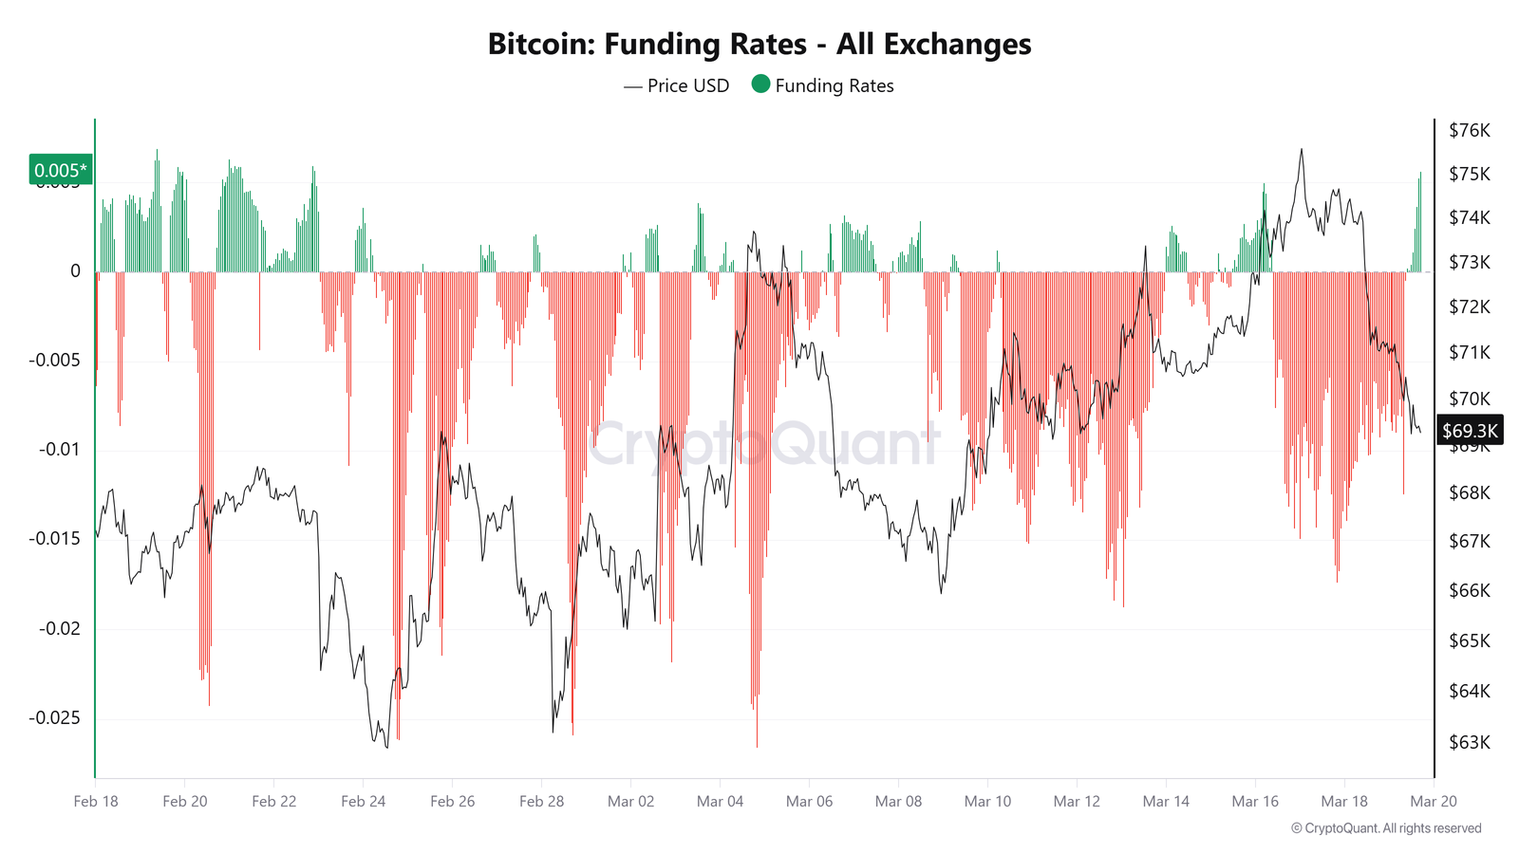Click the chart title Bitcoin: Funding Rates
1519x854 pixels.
click(759, 45)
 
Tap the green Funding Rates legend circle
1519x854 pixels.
click(760, 84)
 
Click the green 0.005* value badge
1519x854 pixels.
click(61, 170)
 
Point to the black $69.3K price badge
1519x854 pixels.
click(1470, 431)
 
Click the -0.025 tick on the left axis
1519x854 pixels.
click(54, 717)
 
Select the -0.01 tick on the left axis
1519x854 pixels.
click(59, 449)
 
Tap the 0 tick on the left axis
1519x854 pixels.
click(75, 271)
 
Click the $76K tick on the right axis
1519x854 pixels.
click(1469, 130)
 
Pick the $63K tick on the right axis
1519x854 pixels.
click(1469, 742)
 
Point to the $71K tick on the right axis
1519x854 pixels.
click(1469, 352)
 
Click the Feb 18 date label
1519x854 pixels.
click(96, 801)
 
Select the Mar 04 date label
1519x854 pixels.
click(720, 801)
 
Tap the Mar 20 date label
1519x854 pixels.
click(1433, 801)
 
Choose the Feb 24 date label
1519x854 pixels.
click(363, 801)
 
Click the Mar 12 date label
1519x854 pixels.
click(1077, 801)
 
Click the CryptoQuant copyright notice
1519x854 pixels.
click(1385, 828)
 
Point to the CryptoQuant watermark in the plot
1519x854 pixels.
click(764, 444)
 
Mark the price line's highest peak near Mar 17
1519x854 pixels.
click(1301, 149)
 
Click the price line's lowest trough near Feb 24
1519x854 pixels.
click(386, 748)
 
